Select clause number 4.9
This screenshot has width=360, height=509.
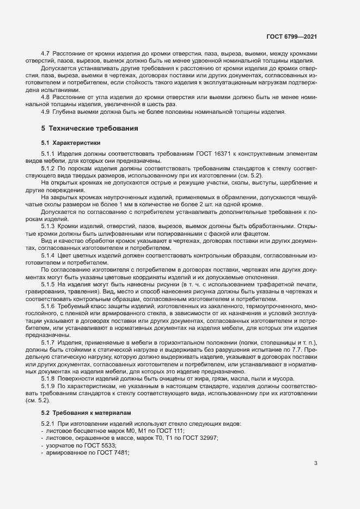click(46, 112)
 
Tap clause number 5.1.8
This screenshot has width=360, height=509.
click(48, 378)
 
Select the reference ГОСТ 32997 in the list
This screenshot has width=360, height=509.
click(197, 438)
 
